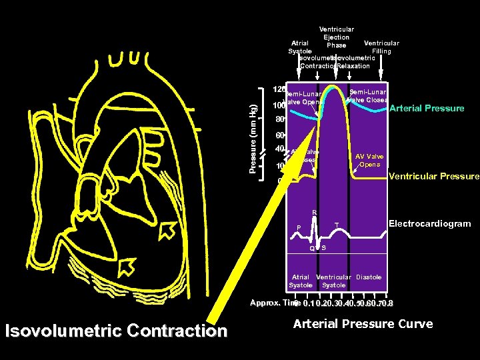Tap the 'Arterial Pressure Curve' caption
(x=363, y=324)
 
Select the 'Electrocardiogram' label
(x=429, y=224)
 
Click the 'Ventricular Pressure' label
(x=433, y=177)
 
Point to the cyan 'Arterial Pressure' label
(x=427, y=108)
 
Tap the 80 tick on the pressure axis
(x=280, y=120)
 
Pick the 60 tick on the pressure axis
(x=280, y=135)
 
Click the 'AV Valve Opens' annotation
(x=369, y=160)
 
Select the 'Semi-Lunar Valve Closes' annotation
(x=367, y=95)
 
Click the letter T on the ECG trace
(x=337, y=224)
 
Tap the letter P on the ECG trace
(x=299, y=227)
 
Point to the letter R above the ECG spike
(x=315, y=213)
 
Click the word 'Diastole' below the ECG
(x=369, y=277)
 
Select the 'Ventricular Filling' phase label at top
(x=381, y=47)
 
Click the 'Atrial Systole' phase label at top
(x=299, y=47)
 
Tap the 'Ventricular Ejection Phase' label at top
(x=337, y=37)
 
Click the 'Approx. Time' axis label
(x=271, y=303)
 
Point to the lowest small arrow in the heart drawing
(x=125, y=267)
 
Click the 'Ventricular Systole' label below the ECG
(x=333, y=281)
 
